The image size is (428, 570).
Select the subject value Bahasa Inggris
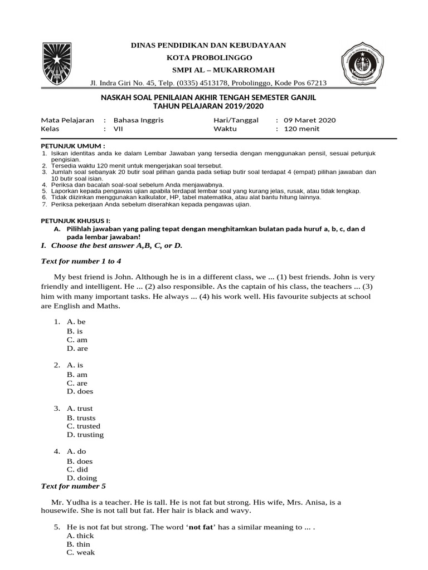click(139, 120)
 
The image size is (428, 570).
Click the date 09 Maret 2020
click(310, 120)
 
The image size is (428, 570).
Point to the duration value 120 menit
click(302, 129)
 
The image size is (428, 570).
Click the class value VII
click(118, 129)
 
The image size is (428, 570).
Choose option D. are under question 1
click(77, 348)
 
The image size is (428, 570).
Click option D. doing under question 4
click(82, 478)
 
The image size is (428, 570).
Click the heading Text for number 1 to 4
click(81, 261)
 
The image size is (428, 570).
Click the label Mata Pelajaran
click(67, 120)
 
